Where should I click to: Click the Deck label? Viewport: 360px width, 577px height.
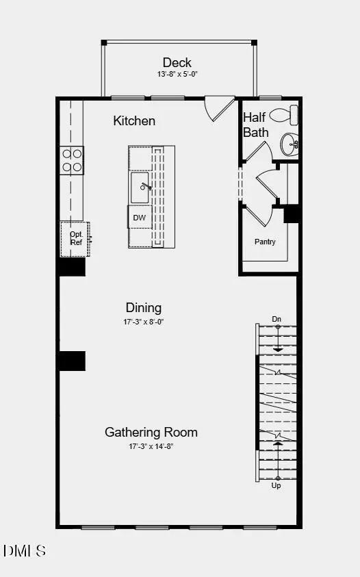(177, 63)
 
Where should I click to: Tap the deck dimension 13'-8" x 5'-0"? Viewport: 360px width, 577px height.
(177, 74)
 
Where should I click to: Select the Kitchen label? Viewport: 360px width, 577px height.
(134, 121)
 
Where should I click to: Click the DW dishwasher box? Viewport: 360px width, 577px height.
(139, 218)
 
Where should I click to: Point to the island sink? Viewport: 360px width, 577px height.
(142, 186)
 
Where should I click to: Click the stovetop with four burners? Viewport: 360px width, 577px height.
(73, 160)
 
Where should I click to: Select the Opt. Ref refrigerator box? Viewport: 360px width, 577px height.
(75, 238)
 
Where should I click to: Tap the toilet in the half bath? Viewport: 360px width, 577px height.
(285, 114)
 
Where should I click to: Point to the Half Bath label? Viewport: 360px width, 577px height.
(256, 125)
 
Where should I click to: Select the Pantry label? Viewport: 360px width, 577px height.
(265, 242)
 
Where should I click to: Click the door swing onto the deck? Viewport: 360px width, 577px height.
(219, 107)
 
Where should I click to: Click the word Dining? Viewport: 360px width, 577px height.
(144, 307)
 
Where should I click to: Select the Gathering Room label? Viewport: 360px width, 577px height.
(151, 432)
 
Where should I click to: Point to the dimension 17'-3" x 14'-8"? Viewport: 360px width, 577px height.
(151, 446)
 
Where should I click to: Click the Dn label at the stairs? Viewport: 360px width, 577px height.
(277, 319)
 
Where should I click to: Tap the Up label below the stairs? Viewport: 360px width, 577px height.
(277, 485)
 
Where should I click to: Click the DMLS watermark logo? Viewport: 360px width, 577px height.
(25, 550)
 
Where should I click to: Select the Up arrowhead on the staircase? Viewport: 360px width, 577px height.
(277, 444)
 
